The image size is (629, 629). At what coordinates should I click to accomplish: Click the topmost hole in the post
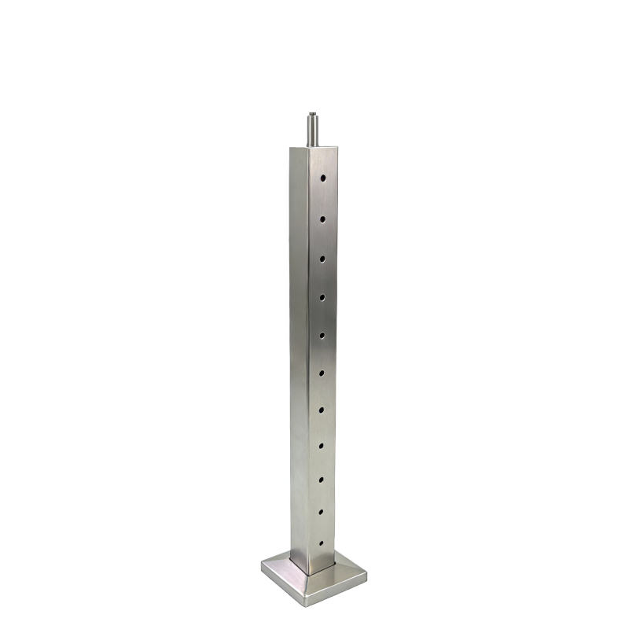[322, 179]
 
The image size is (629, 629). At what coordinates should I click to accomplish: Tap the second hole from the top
[322, 219]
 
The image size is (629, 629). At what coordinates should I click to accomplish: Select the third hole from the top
[322, 257]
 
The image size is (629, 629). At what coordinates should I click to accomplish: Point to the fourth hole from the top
[322, 296]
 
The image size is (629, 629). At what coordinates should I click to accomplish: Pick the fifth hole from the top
[322, 333]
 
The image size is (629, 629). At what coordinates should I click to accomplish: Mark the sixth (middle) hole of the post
[322, 371]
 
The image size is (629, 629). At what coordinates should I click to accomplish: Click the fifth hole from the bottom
[322, 409]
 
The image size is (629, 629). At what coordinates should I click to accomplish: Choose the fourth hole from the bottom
[322, 445]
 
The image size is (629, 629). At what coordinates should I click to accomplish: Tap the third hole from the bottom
[322, 478]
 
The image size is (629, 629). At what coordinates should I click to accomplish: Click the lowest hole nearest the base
[321, 543]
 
